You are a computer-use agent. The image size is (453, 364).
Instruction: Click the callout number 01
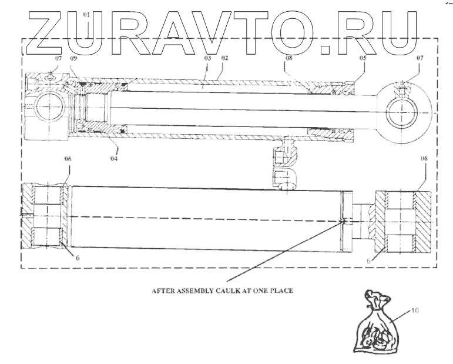86,14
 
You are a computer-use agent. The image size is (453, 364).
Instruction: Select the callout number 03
207,59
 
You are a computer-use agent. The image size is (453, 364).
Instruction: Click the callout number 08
288,59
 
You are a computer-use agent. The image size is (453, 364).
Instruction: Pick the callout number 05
363,59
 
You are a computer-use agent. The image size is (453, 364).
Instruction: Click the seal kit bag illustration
375,326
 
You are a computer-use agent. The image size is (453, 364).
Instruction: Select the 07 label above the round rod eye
419,59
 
